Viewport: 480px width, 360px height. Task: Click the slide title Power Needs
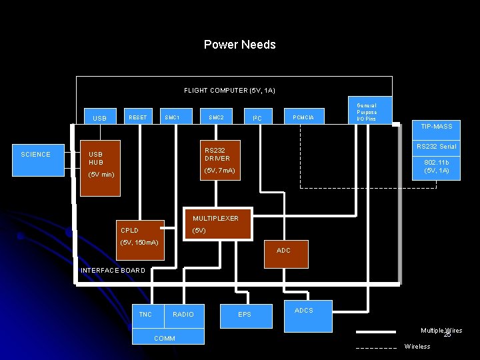[239, 45]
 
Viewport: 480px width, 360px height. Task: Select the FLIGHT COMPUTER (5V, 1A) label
[229, 90]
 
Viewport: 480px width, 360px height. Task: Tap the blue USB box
[100, 117]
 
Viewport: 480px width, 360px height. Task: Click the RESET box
[138, 117]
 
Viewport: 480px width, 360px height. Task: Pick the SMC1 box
[172, 117]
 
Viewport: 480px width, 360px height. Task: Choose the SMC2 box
[216, 117]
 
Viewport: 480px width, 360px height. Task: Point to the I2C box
[257, 118]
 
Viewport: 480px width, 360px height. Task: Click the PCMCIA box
[304, 117]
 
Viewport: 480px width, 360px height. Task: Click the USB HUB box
[100, 168]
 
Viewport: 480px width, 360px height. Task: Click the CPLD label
[129, 231]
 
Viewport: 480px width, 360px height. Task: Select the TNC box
[145, 314]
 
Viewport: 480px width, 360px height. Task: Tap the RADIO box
[183, 314]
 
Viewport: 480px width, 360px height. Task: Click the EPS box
[245, 315]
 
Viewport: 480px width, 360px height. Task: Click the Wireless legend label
[417, 347]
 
